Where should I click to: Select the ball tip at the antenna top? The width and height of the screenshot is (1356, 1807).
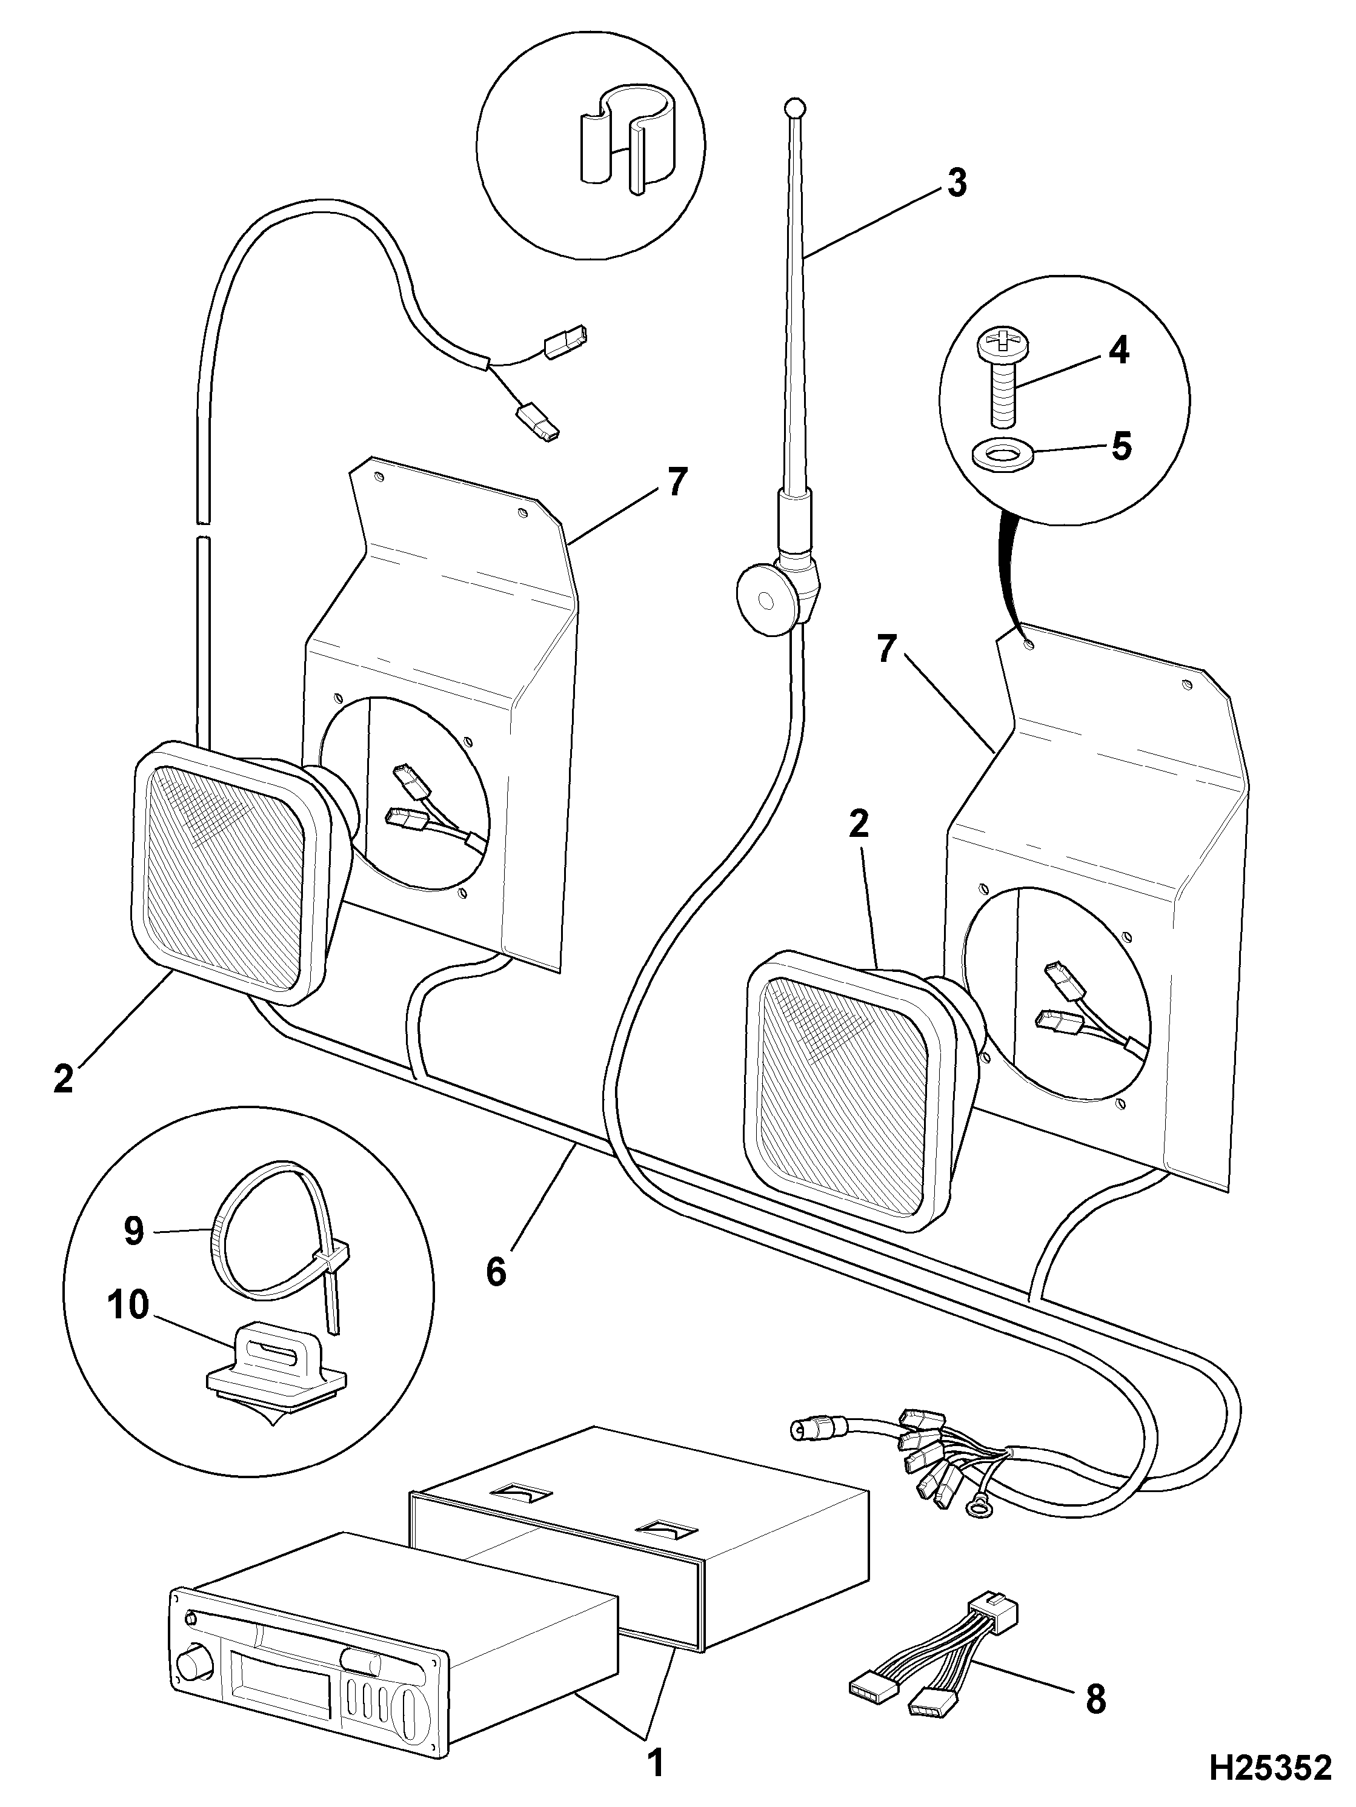[794, 107]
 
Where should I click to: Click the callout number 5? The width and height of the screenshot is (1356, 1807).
[1120, 448]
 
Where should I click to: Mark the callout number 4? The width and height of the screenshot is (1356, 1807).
[1118, 351]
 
